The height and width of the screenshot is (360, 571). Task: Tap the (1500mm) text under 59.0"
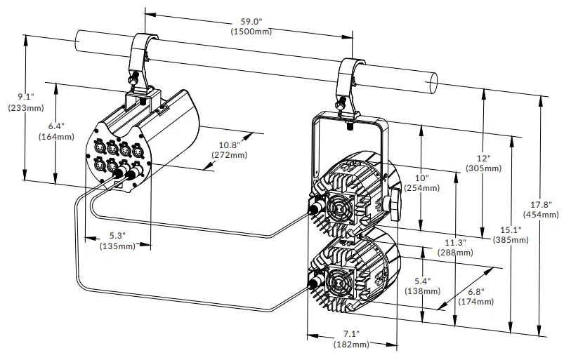click(251, 32)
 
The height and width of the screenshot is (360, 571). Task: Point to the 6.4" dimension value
click(56, 126)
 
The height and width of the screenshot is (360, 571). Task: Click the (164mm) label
click(56, 136)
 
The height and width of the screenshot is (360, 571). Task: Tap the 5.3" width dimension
click(117, 236)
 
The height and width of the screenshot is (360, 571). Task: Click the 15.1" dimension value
click(511, 229)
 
